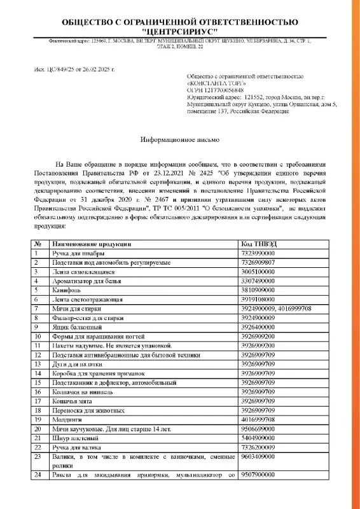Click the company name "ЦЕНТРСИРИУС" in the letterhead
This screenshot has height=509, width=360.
[180, 31]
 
